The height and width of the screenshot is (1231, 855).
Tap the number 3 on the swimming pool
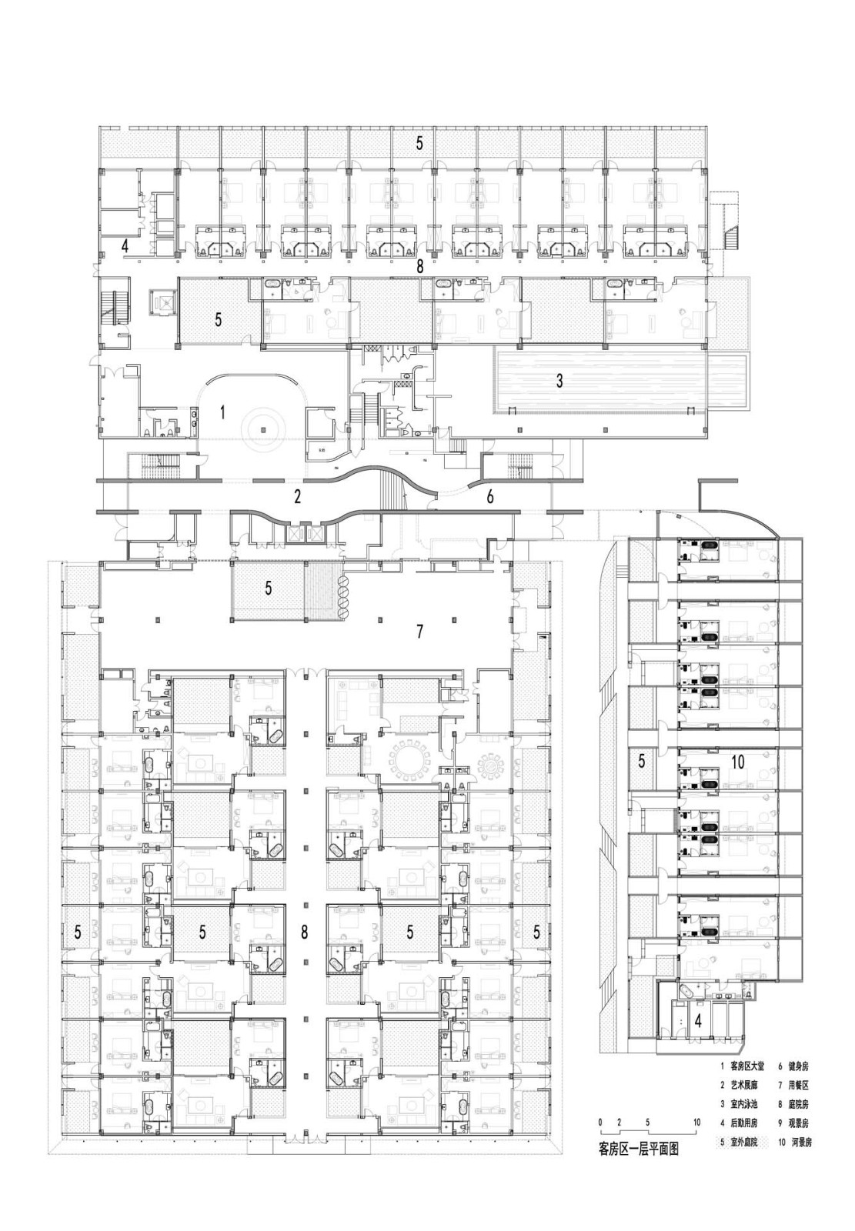560,380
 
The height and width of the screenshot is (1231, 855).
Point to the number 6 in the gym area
490,497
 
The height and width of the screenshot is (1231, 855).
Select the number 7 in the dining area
419,632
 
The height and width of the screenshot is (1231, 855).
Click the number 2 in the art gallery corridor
297,496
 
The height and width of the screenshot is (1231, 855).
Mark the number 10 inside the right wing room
738,762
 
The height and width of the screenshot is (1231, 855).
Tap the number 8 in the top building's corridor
419,266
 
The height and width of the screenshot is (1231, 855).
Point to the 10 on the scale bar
696,1123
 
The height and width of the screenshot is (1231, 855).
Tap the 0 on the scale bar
600,1123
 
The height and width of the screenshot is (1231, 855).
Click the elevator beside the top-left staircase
162,302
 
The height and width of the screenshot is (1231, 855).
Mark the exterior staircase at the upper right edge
727,223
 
